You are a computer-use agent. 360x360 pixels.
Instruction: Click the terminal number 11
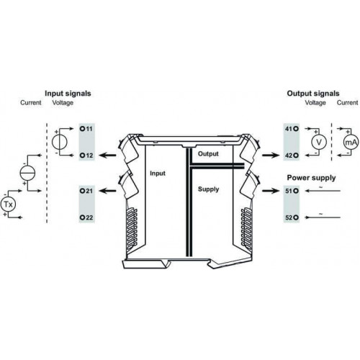click(86, 129)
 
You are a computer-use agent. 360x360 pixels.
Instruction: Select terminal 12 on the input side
click(86, 156)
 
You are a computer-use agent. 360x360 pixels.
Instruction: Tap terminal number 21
click(86, 191)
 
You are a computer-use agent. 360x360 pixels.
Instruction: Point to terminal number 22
click(86, 217)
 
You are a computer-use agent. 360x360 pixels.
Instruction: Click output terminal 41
click(292, 129)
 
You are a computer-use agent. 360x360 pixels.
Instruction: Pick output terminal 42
click(292, 156)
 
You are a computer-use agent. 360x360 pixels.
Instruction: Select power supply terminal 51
click(292, 191)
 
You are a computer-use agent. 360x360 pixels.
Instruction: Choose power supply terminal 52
click(292, 217)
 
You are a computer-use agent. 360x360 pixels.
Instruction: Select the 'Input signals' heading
click(68, 94)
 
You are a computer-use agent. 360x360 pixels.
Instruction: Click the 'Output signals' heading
click(313, 94)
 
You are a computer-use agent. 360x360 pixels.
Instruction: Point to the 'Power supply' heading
click(311, 178)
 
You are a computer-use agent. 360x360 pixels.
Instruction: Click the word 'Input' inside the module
click(158, 174)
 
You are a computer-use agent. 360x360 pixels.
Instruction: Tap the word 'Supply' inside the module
click(208, 189)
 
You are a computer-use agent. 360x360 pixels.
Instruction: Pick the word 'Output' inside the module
click(208, 154)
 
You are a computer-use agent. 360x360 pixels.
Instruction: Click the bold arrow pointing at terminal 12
click(107, 156)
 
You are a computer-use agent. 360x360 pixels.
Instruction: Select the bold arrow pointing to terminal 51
click(271, 191)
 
